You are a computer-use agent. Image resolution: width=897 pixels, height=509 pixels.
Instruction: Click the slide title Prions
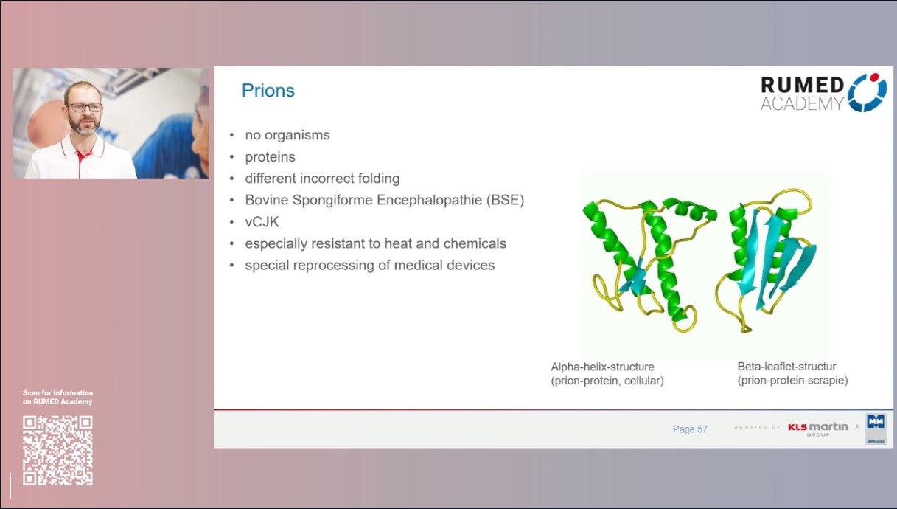coord(268,91)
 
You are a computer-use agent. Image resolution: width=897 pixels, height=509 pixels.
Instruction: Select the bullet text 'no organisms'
coord(287,135)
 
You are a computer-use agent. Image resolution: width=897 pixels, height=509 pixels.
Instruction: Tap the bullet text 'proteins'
coord(270,157)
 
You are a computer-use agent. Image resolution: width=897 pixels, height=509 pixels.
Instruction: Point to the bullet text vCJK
coord(262,221)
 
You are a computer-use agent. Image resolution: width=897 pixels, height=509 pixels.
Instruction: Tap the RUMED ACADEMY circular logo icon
coord(867,92)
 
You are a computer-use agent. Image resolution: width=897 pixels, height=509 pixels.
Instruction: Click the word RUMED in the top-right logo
coord(802,85)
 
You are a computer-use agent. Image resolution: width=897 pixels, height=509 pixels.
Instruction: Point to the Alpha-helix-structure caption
coord(603,367)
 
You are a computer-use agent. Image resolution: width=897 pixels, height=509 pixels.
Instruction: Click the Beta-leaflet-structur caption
coord(786,367)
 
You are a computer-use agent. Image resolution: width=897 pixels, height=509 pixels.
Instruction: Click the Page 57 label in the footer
coord(690,429)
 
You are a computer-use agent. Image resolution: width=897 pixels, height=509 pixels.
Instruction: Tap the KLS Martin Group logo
coord(817,428)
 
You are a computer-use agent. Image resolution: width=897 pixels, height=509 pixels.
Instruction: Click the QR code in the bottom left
coord(57,450)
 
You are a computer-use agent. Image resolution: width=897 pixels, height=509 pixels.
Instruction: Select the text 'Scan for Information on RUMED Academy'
coord(57,397)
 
